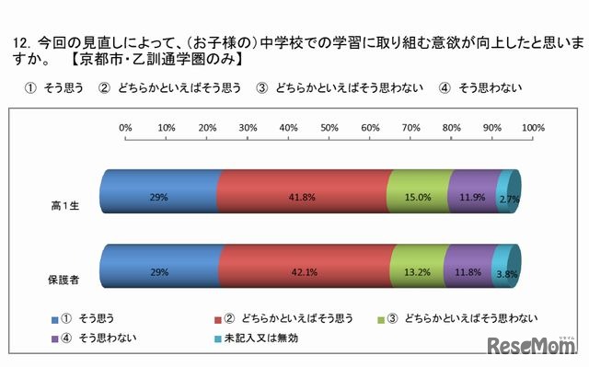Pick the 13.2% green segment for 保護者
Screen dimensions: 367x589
pos(417,271)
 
